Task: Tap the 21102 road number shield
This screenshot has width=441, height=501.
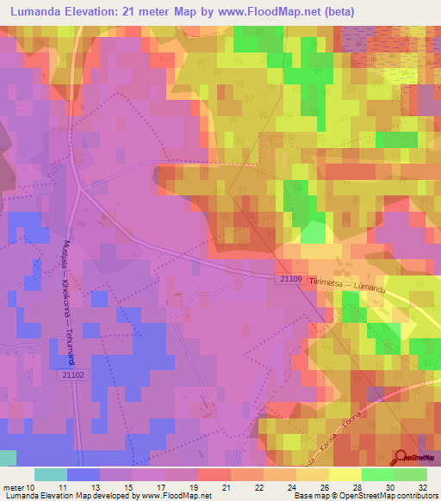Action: coord(74,374)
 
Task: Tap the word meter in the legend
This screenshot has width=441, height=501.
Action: coord(13,486)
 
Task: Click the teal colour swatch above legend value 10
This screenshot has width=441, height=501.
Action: coord(50,474)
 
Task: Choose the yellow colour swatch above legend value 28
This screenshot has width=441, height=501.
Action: coord(345,474)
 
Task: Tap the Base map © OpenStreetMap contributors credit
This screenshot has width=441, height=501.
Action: coord(364,496)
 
